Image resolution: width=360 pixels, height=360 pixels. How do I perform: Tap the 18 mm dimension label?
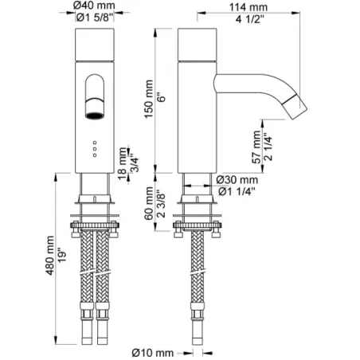(122, 159)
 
